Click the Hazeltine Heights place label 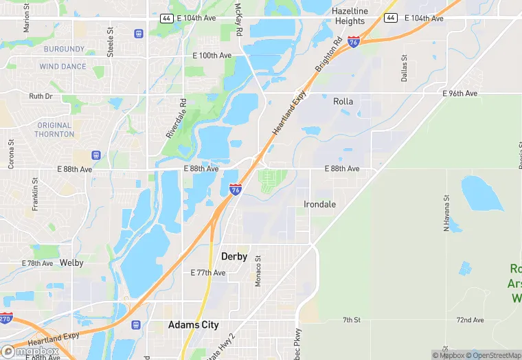[349, 16]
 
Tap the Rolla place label [343, 102]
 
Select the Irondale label [320, 204]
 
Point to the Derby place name [234, 256]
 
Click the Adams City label [194, 325]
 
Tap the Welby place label [71, 263]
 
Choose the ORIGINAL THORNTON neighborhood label [54, 130]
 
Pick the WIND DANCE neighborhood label [63, 67]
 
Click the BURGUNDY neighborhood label [64, 49]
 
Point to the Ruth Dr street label [41, 97]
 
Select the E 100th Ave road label [212, 55]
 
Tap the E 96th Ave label [459, 93]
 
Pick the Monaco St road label [258, 271]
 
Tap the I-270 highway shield [6, 319]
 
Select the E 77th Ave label [207, 273]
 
